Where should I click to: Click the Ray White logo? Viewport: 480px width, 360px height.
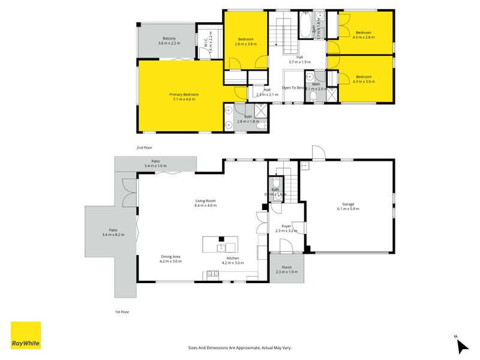26,335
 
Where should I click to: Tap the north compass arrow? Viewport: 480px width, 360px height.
462,346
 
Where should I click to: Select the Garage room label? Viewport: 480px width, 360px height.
347,206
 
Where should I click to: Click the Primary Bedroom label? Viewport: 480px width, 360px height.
184,97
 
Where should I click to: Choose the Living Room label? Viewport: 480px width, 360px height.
205,203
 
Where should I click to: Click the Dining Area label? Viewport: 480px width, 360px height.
170,259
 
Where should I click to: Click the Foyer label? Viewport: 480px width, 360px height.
286,228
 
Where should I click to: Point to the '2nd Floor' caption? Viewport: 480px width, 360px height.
144,147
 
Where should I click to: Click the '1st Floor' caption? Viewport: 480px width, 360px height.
122,312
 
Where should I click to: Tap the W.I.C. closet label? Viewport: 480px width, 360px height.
206,44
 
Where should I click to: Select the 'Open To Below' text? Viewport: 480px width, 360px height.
293,88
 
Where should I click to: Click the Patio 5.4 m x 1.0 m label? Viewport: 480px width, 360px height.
155,163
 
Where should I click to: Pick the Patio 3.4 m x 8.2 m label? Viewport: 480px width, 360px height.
113,232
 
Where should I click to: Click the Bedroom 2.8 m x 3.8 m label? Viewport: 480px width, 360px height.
245,41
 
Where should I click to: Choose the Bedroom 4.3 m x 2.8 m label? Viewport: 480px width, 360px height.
364,35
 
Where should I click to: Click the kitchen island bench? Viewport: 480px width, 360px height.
220,244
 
